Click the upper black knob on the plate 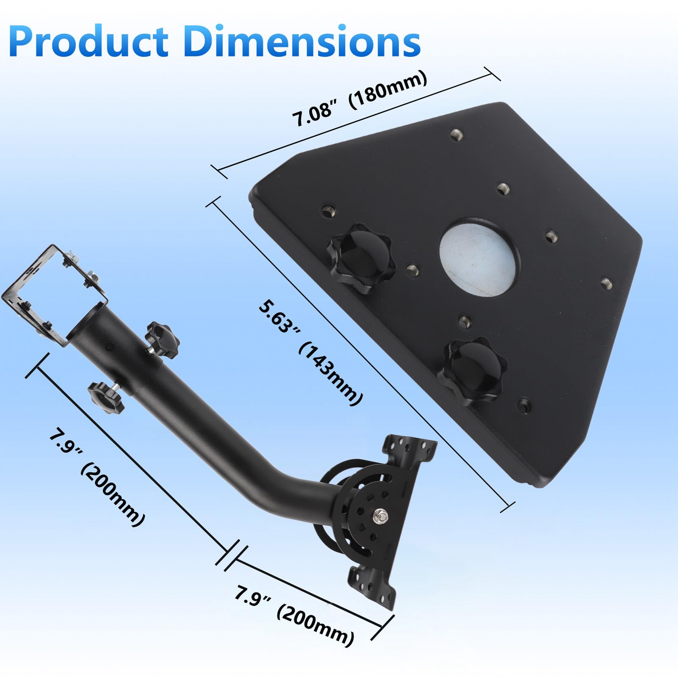tap(361, 257)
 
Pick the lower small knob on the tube tap(105, 397)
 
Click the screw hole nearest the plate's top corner tap(456, 135)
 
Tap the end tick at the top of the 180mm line tap(492, 74)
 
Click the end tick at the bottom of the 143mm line tap(507, 507)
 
